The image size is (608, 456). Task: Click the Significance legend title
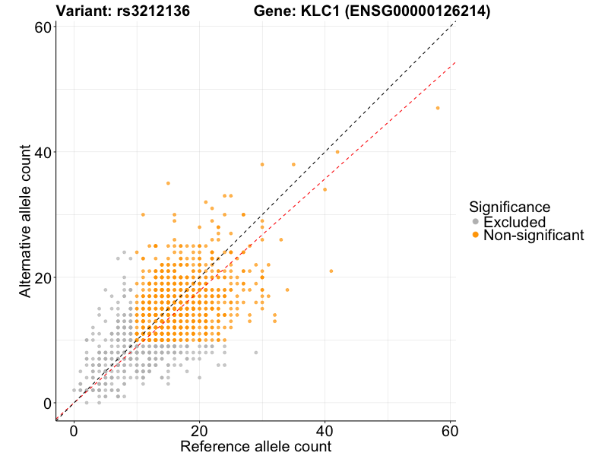[509, 207]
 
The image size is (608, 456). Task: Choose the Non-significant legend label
[534, 236]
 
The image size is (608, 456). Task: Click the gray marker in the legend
[476, 222]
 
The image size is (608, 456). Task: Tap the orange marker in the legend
[476, 236]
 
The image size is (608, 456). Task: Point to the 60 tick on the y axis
[43, 27]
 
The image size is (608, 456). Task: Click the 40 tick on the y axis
[43, 152]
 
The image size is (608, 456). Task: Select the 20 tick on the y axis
[43, 277]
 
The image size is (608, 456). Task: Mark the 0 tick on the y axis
[47, 403]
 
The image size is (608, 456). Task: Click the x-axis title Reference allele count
[255, 446]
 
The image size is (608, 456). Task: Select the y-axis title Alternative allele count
[25, 222]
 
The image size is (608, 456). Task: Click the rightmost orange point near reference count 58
[438, 108]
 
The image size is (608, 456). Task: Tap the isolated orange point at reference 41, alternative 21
[331, 271]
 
